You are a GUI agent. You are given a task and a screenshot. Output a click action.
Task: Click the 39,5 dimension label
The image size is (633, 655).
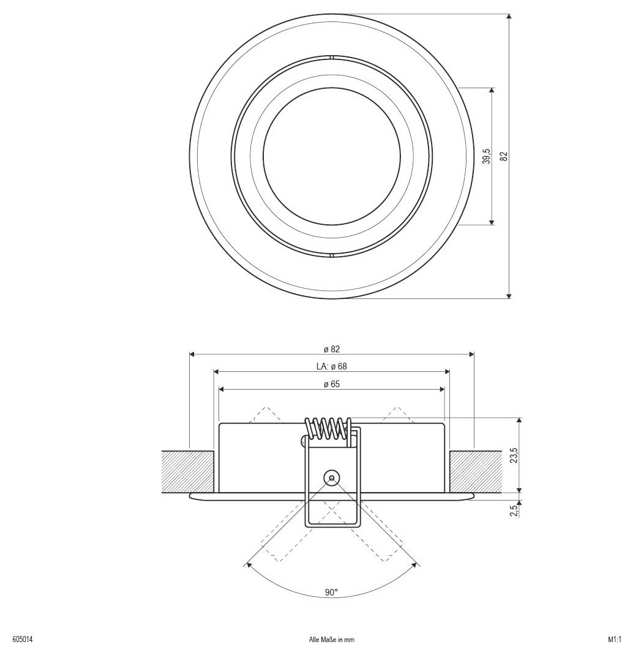(486, 156)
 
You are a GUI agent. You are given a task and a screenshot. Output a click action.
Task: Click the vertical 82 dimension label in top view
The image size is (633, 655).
(504, 156)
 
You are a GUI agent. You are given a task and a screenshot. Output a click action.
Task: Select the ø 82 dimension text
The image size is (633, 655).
(332, 349)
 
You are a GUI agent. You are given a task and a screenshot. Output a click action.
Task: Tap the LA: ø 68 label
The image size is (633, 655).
(332, 366)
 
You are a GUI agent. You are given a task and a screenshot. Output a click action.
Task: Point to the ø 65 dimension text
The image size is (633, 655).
(332, 384)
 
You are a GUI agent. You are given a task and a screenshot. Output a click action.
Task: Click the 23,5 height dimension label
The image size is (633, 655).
(514, 455)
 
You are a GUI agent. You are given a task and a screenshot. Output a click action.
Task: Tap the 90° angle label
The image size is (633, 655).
(332, 593)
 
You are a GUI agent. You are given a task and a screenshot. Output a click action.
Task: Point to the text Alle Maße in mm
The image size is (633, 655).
(332, 640)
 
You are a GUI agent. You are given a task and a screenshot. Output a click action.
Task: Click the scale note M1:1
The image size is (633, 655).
(615, 640)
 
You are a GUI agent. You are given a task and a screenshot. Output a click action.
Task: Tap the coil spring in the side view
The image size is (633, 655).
(328, 427)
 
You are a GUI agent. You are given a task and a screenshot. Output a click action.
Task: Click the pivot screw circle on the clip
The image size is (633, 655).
(332, 478)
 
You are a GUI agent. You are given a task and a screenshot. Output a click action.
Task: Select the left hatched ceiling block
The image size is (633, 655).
(188, 471)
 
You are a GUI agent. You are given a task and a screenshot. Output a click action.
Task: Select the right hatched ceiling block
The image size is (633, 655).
(476, 471)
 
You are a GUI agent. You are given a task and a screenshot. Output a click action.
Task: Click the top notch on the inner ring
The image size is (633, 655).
(331, 58)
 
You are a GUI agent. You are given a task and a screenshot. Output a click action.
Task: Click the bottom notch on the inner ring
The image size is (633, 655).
(331, 254)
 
